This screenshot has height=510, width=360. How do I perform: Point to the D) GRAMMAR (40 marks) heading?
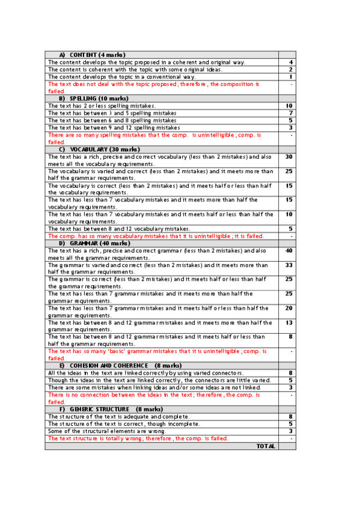[96, 243]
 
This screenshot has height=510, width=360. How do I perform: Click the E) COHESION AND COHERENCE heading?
[112, 365]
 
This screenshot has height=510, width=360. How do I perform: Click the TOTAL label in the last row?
[266, 446]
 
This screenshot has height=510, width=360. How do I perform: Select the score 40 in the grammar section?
[289, 250]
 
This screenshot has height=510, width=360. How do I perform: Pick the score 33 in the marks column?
[289, 265]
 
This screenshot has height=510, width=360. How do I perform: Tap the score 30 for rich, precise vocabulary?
[289, 156]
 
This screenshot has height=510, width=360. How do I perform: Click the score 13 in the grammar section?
[290, 322]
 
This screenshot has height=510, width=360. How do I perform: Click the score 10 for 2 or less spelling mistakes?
[290, 106]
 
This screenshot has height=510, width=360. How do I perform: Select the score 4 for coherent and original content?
[291, 62]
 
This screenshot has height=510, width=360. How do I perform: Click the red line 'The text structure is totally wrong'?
[138, 438]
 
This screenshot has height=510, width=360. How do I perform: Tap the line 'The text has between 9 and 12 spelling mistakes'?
[114, 127]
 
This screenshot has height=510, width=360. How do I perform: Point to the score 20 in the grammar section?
[289, 308]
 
